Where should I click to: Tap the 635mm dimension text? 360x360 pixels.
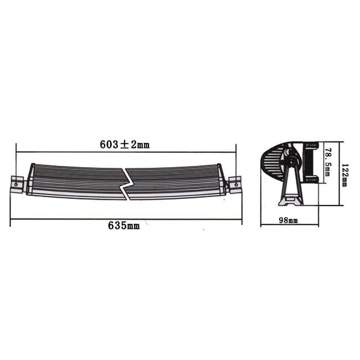click(125, 226)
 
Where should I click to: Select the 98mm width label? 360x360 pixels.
click(289, 220)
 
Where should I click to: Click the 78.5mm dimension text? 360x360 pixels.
click(327, 162)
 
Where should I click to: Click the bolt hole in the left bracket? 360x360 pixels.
click(17, 180)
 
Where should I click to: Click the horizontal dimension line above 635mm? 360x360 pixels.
click(125, 219)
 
